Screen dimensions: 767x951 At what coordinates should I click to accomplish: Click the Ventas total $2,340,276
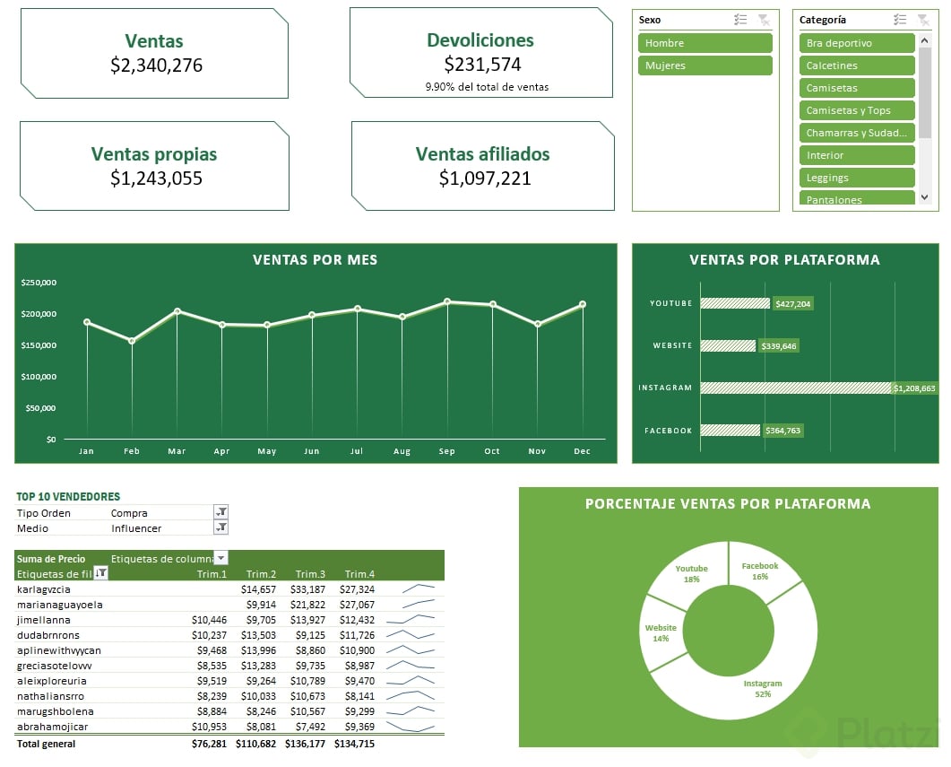[156, 65]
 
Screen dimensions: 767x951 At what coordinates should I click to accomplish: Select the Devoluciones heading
[480, 40]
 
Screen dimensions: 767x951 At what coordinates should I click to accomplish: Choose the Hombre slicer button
[705, 43]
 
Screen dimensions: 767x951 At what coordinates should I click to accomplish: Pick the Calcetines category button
[856, 65]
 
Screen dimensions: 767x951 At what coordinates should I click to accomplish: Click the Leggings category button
[856, 178]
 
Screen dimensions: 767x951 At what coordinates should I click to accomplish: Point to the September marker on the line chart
[447, 302]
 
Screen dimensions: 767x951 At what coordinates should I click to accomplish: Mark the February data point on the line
[132, 341]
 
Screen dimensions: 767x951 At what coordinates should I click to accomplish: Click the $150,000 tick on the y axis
[39, 345]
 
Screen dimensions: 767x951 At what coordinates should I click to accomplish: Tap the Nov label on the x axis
[537, 451]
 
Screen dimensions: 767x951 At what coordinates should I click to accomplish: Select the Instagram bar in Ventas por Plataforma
[795, 388]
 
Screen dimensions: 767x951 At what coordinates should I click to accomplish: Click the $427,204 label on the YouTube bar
[792, 304]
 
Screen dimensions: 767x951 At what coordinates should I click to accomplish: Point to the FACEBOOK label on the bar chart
[668, 431]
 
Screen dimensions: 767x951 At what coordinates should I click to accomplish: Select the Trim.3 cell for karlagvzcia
[307, 589]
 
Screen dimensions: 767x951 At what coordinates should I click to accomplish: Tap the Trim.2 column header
[261, 574]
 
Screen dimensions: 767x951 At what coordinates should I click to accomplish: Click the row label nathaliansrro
[50, 696]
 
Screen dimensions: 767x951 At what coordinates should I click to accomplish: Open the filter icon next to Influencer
[220, 528]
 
